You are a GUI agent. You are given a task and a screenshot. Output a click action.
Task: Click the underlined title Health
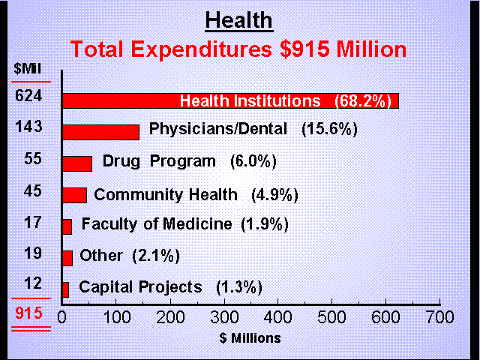tap(239, 19)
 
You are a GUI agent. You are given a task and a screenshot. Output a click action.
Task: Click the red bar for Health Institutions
tap(120, 100)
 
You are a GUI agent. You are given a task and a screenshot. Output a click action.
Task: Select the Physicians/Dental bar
tap(100, 132)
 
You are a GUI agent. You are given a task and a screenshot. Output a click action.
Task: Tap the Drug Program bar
tap(77, 163)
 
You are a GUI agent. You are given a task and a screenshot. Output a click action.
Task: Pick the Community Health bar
tap(74, 195)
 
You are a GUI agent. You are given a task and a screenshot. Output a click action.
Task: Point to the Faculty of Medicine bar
tap(67, 226)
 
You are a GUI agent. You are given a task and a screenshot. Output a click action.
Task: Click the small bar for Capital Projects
tap(66, 289)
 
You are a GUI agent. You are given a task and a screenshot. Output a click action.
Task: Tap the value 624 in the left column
tap(27, 96)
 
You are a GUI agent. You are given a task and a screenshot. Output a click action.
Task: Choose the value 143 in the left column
tap(27, 127)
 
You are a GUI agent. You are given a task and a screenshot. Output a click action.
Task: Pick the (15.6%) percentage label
tap(329, 129)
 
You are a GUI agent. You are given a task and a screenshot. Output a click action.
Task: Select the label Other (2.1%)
tap(129, 255)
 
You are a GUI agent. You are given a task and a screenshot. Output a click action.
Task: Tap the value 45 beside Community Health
tap(27, 190)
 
